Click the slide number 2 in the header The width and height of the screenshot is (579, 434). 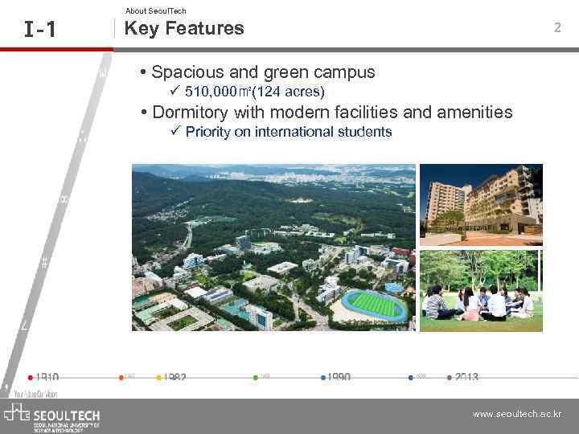(556, 28)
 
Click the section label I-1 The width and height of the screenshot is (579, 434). (40, 31)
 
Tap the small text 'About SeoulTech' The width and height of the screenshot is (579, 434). (155, 10)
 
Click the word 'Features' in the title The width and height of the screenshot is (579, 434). (208, 28)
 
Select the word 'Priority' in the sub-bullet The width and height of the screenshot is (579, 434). (207, 132)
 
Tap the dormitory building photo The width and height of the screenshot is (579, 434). (481, 204)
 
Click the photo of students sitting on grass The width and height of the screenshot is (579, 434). (481, 290)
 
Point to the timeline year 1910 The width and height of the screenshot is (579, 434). (47, 378)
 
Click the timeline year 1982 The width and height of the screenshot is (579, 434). (175, 378)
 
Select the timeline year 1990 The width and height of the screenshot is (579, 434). (339, 378)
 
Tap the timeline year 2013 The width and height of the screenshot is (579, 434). (466, 378)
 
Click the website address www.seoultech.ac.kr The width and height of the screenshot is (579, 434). (517, 415)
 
